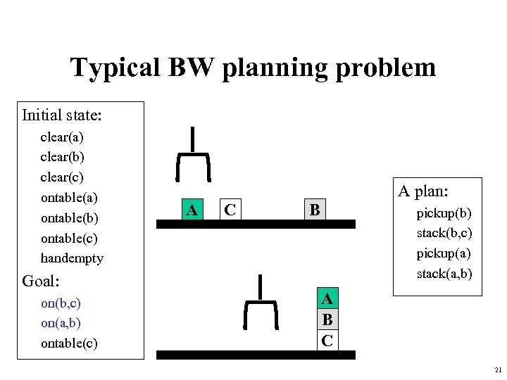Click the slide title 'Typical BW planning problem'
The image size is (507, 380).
(x=253, y=68)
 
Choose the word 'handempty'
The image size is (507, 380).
(x=72, y=258)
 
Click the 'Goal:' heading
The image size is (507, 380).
(x=41, y=281)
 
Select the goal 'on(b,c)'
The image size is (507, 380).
(x=61, y=303)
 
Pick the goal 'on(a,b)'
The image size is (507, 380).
(x=61, y=323)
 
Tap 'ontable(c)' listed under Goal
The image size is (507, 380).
(x=69, y=343)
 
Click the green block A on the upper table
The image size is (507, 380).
(x=190, y=209)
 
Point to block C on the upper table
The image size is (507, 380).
(x=229, y=209)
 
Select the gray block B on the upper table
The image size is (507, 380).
(x=315, y=209)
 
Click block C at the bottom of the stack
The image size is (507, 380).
(x=327, y=341)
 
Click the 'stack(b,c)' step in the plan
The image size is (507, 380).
(x=444, y=232)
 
